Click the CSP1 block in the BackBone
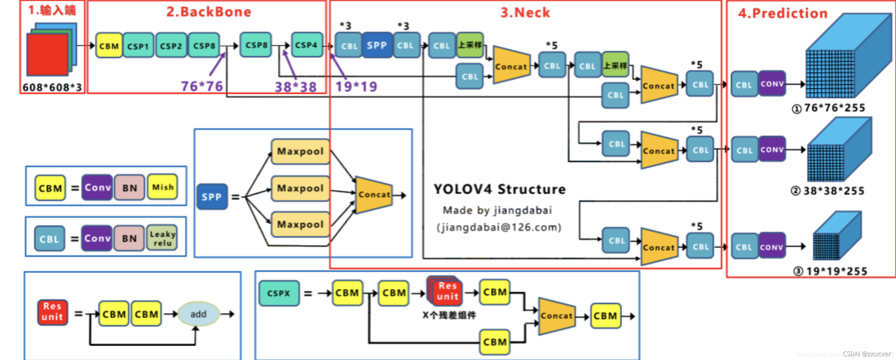138,46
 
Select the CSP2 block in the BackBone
171,46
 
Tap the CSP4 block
306,45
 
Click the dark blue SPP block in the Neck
377,45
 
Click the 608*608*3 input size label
52,87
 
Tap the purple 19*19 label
356,86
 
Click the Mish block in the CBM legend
163,187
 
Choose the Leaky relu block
162,238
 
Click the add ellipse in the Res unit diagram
198,314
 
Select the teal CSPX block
279,293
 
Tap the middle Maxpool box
300,188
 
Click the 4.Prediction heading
782,13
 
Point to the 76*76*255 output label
834,108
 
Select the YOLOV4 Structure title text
500,189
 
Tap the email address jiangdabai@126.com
499,227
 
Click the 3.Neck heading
525,13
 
